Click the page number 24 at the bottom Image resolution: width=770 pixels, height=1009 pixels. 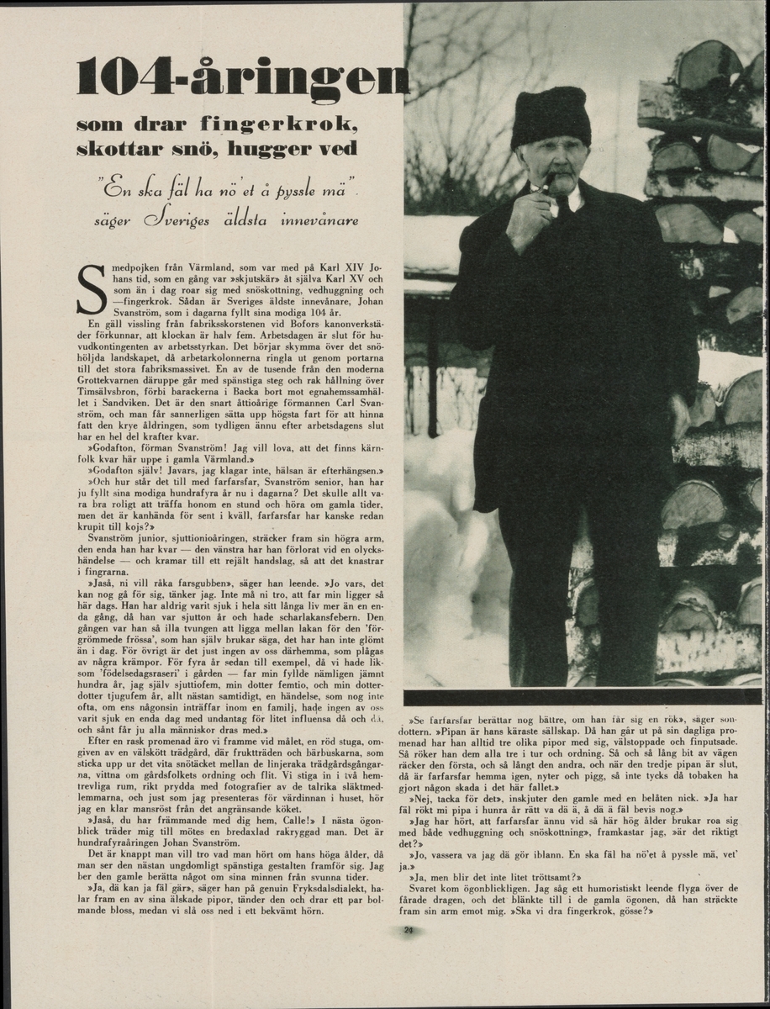409,929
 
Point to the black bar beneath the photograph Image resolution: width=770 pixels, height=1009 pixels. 582,697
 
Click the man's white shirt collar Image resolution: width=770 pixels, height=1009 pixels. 574,200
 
